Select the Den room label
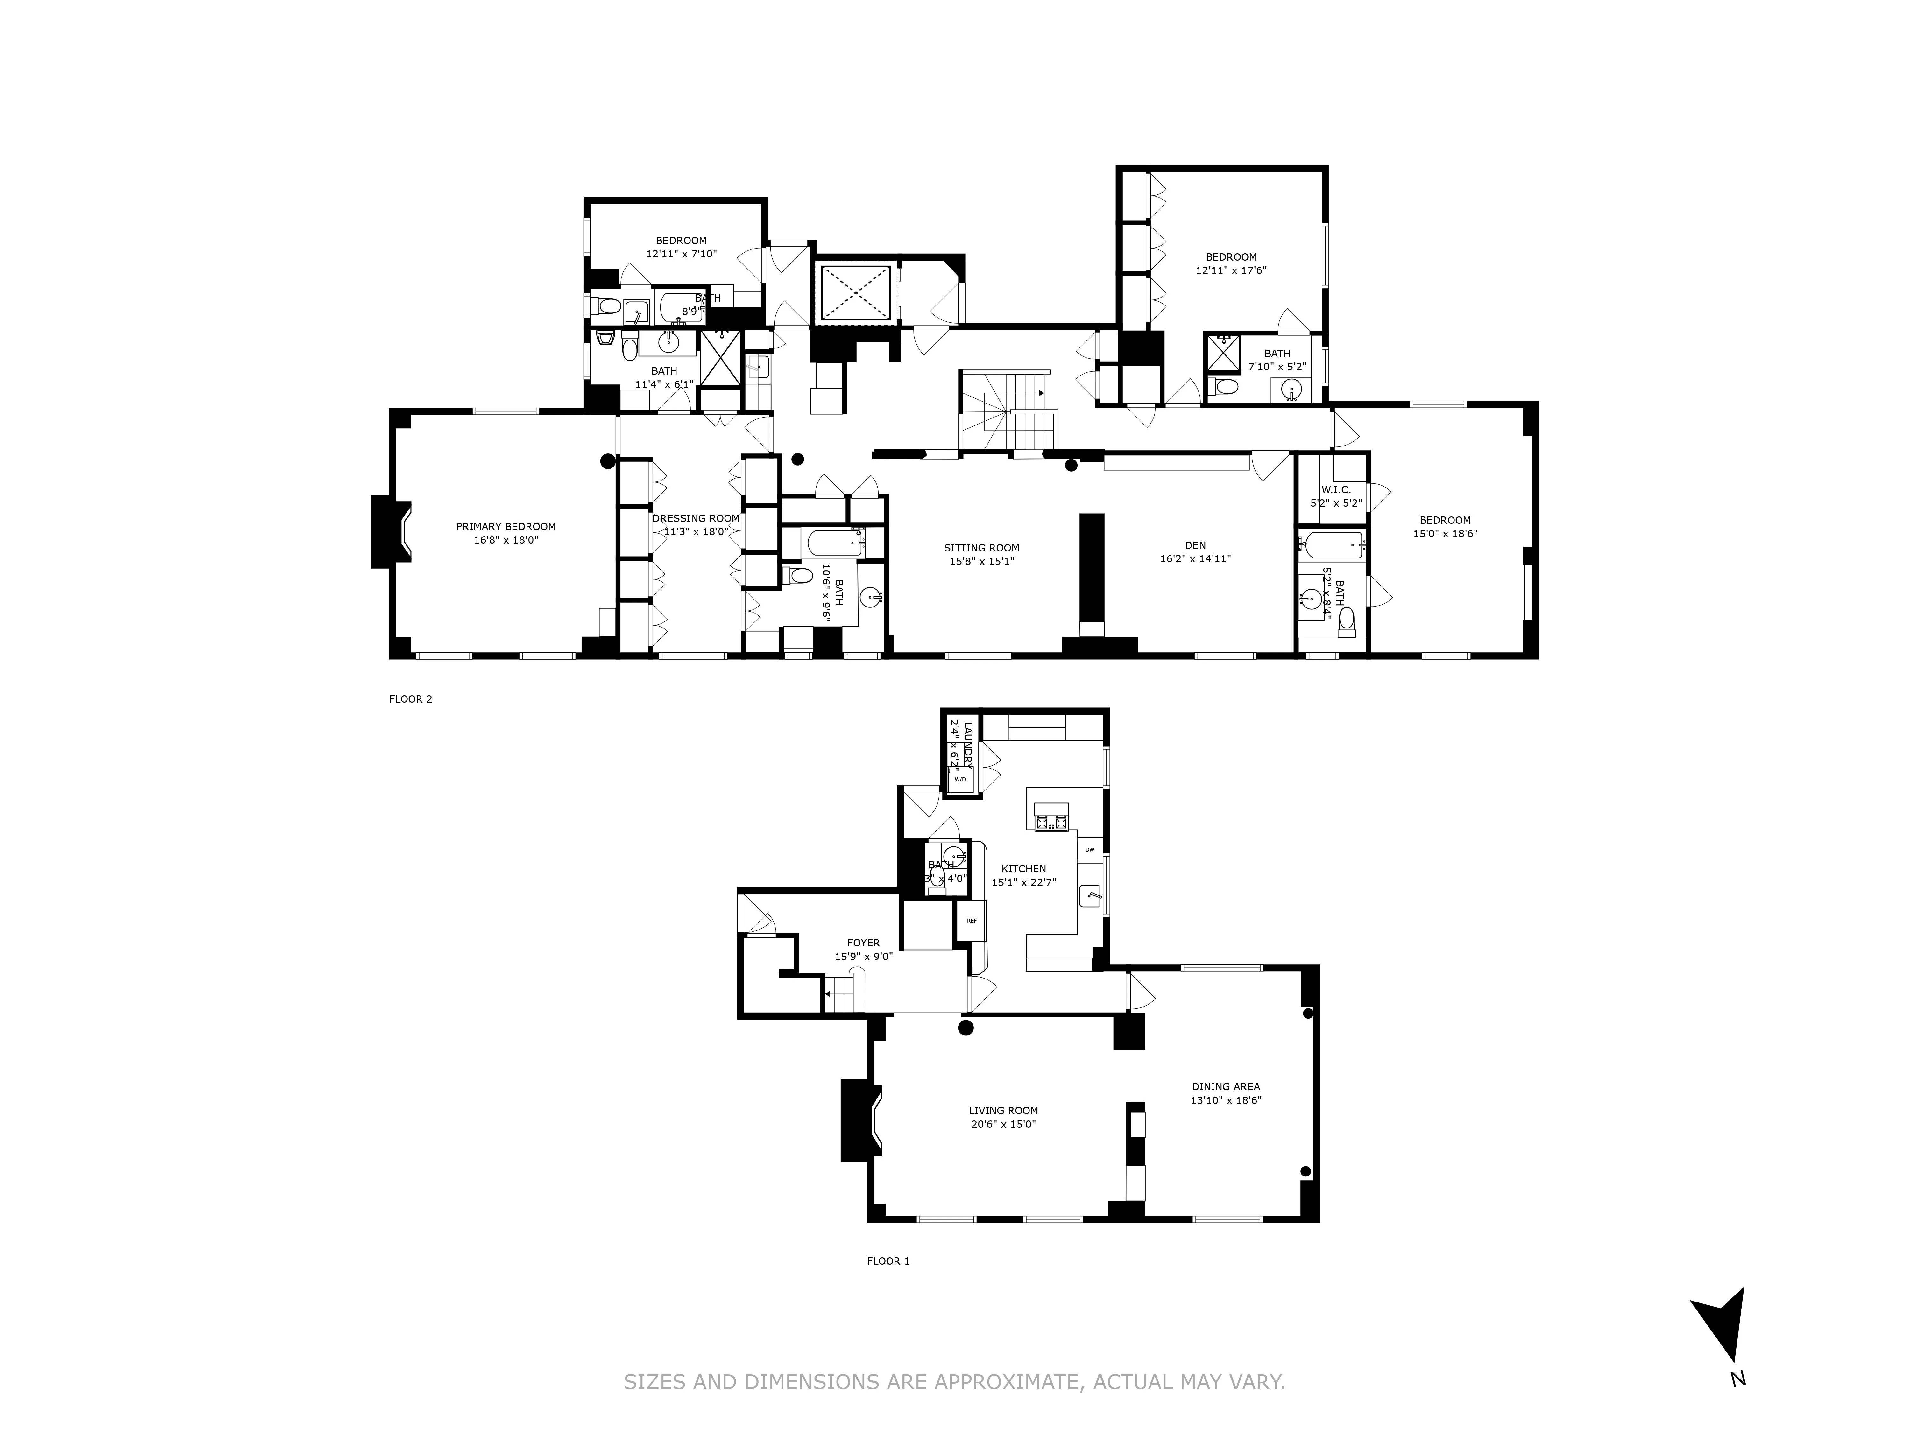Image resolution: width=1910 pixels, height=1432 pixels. coord(1195,545)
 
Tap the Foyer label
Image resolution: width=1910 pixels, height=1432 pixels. coord(863,944)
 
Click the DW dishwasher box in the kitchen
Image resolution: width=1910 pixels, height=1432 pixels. coord(1090,849)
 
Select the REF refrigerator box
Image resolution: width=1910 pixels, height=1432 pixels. coord(972,920)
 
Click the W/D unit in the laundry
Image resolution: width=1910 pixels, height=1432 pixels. coord(960,779)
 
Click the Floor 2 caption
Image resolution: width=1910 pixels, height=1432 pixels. coord(410,699)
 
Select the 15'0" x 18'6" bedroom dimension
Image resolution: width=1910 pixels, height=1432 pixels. coord(1445,533)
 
